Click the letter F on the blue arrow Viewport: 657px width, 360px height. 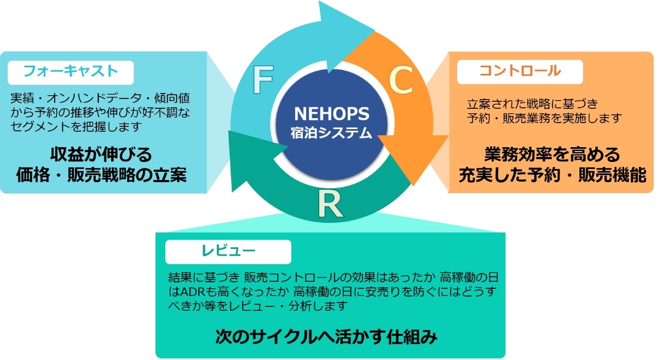pos(263,80)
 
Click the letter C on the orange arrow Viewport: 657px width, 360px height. pos(401,80)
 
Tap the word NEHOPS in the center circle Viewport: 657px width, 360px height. pos(332,114)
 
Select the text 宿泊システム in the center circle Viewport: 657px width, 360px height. pos(332,132)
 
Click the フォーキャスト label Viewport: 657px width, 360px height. pos(71,71)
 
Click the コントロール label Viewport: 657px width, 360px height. pos(520,71)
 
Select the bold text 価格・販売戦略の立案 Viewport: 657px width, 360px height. pos(101,175)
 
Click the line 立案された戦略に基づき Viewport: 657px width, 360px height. pos(532,103)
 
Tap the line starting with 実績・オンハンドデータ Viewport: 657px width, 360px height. pos(100,99)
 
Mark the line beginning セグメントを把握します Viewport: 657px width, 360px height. pos(77,127)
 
